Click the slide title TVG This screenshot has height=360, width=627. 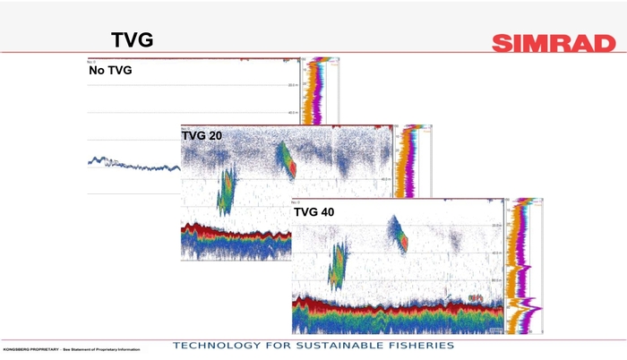click(132, 39)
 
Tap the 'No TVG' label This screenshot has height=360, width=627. click(110, 70)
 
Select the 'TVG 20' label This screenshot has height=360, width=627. click(202, 136)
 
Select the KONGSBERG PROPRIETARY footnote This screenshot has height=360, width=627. click(72, 348)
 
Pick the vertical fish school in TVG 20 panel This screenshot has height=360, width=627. click(225, 190)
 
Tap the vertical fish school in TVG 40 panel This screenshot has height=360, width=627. click(338, 266)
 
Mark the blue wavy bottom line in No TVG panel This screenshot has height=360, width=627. click(134, 165)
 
